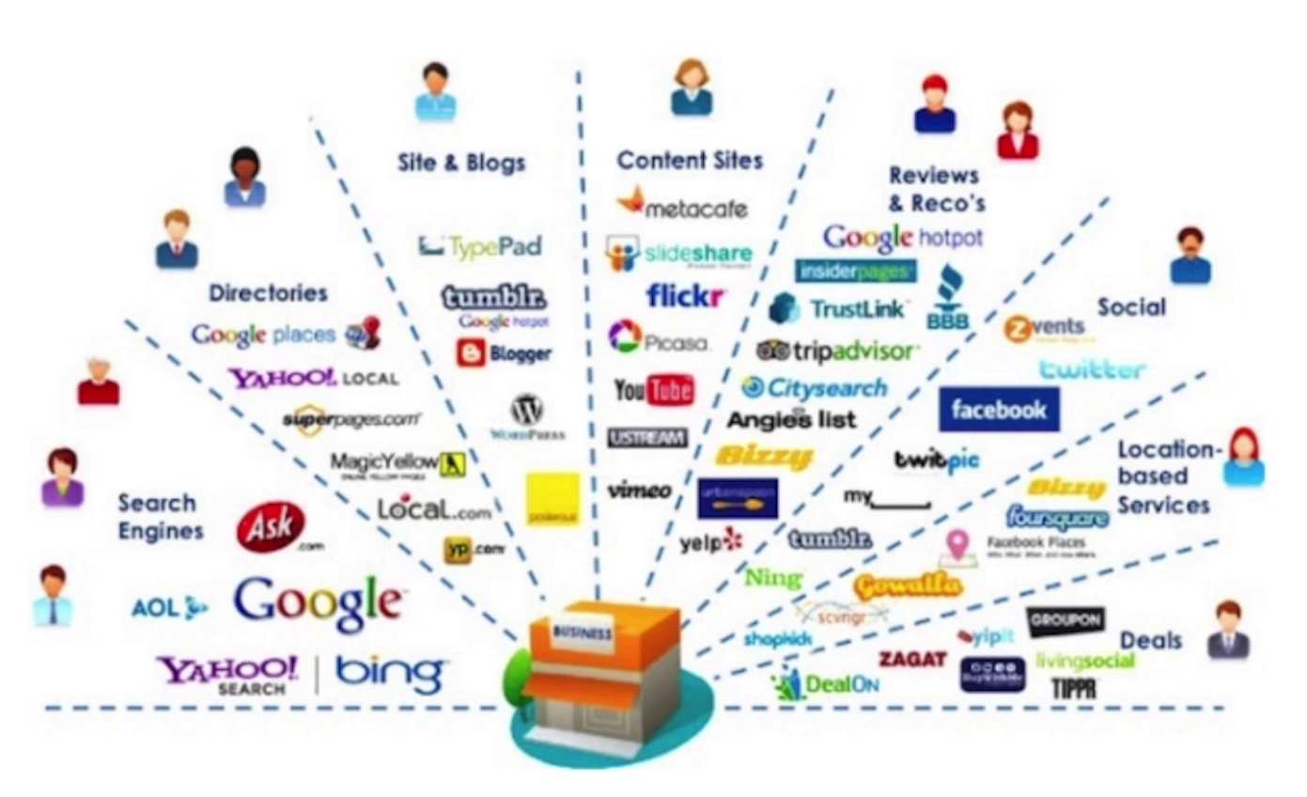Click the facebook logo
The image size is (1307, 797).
[998, 410]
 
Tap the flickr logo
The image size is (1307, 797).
[685, 295]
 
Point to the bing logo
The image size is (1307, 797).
[389, 672]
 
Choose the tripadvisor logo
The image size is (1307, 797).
[834, 352]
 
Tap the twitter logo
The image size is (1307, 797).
[1091, 368]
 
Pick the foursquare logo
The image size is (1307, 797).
[1056, 516]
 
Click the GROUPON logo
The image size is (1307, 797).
[1065, 621]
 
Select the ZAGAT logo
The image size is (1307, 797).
[911, 659]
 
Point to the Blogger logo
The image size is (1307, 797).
[504, 353]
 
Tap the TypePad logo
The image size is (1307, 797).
[480, 246]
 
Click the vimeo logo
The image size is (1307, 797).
[640, 490]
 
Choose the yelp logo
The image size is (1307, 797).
[710, 541]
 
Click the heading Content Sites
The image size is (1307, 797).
[690, 161]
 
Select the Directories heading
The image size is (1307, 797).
[268, 293]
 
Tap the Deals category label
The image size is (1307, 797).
[1149, 641]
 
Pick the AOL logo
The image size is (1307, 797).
[168, 608]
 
